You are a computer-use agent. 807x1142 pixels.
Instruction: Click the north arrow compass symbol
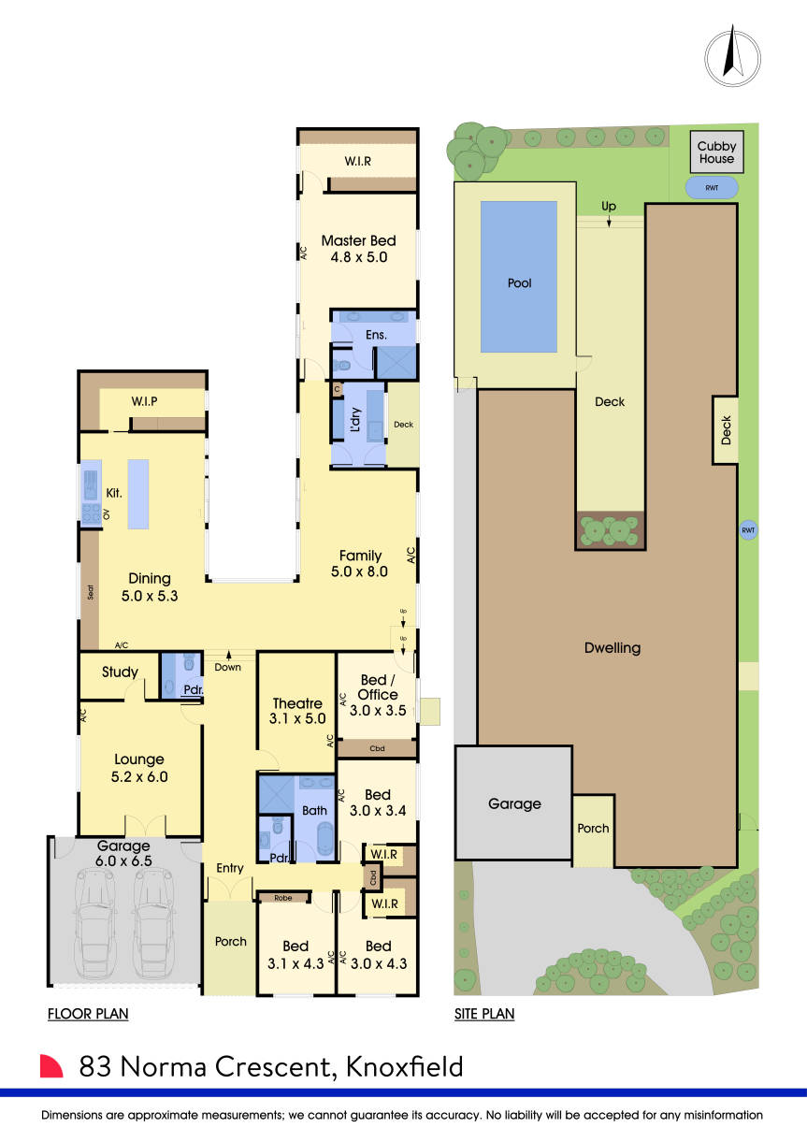click(732, 55)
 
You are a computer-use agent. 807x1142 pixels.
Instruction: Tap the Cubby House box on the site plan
click(716, 152)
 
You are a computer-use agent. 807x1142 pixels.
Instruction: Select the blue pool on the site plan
click(518, 277)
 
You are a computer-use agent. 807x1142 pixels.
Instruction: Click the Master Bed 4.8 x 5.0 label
click(353, 248)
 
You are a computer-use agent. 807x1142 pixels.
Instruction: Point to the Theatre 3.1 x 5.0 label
click(297, 711)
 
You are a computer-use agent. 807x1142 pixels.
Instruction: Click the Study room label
click(120, 672)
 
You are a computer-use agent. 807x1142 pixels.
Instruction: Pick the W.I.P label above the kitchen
click(143, 401)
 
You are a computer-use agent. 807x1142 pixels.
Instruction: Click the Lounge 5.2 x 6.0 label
click(138, 768)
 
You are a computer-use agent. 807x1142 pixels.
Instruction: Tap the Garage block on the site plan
click(513, 802)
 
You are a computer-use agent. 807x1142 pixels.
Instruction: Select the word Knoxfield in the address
click(404, 1066)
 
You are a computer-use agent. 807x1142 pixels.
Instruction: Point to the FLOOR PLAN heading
click(88, 1014)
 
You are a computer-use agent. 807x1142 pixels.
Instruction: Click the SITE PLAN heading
click(483, 1014)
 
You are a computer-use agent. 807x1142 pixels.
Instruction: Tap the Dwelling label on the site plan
click(613, 647)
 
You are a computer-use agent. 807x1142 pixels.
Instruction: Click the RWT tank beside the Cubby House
click(711, 188)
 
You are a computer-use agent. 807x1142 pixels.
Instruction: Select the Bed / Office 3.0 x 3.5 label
click(377, 701)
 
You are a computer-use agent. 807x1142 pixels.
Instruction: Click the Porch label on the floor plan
click(230, 941)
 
